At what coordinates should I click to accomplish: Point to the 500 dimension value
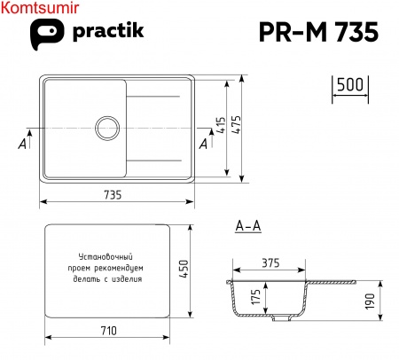(x=351, y=85)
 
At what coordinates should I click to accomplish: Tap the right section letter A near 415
(x=204, y=143)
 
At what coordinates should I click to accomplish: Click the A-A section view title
(x=248, y=227)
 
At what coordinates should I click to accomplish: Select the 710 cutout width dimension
(x=107, y=331)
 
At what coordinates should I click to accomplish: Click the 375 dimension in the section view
(x=272, y=263)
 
